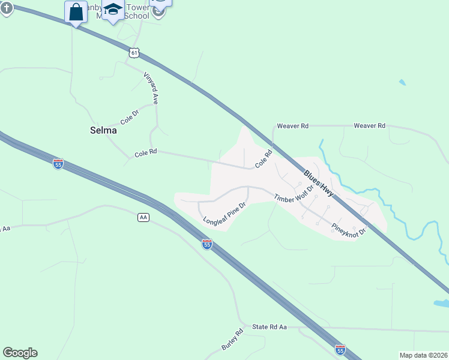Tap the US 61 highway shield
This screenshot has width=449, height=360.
[134, 53]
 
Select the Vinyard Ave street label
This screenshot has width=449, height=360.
[150, 89]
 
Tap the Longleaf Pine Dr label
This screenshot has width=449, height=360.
[225, 213]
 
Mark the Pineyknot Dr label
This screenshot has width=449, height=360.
[348, 230]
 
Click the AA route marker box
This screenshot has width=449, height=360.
[143, 217]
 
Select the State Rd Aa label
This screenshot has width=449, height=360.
[270, 326]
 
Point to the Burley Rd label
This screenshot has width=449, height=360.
[232, 340]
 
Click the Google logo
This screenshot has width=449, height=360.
[20, 353]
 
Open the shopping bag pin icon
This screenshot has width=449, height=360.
[76, 11]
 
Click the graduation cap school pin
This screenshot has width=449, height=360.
[113, 10]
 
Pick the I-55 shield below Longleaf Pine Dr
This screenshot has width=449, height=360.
[206, 244]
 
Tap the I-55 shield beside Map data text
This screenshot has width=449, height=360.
[340, 349]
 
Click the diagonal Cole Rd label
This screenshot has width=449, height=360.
[264, 159]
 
